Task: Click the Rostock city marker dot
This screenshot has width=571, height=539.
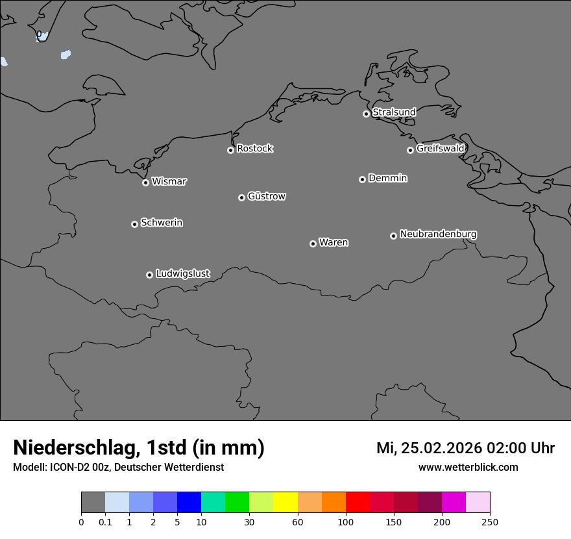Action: pos(230,150)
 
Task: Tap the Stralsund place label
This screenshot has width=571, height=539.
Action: pos(394,112)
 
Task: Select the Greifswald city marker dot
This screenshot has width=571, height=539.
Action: pos(410,150)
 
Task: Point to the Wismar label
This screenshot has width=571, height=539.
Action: pos(169,181)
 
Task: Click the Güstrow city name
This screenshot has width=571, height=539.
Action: pos(267,196)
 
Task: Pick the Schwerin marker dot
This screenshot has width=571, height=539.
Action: pos(134,224)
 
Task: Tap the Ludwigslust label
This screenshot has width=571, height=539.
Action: pos(183,273)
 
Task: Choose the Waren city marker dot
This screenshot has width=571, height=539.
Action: pos(313,244)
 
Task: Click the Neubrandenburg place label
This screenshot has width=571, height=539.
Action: pos(438,234)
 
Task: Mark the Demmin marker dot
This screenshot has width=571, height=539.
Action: pos(362,179)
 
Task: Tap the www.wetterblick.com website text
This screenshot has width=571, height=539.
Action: pos(468,468)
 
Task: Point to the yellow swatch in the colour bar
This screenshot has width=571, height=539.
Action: pos(285,503)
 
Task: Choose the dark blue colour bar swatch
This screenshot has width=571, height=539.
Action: pos(189,503)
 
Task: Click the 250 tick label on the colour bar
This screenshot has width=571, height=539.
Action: pos(490,521)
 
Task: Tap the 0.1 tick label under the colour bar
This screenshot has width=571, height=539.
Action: pos(105,521)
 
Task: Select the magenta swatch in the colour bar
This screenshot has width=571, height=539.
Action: pos(454,503)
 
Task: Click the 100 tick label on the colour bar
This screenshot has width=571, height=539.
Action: pos(346,521)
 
